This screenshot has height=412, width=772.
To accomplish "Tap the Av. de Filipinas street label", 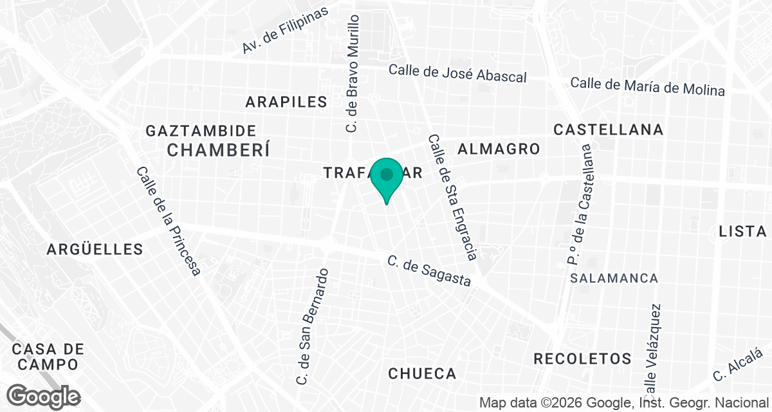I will (285, 31).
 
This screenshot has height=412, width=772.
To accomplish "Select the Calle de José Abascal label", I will (457, 73).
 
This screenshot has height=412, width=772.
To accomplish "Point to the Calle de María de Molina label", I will (647, 86).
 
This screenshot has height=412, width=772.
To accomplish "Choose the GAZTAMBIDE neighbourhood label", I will (201, 131).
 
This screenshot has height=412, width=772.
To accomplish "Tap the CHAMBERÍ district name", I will (217, 150).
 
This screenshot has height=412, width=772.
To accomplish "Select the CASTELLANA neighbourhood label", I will (608, 129).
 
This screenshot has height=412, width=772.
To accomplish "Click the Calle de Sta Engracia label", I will (452, 197).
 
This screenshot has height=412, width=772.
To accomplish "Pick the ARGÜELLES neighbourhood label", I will (95, 249).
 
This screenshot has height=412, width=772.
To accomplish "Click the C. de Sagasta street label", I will (429, 271).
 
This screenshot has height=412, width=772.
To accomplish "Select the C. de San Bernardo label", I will (313, 326).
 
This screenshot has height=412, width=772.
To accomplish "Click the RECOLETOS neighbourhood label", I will (582, 359).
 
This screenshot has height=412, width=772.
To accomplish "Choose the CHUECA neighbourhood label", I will (422, 373).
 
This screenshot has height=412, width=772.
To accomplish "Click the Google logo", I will (44, 396).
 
